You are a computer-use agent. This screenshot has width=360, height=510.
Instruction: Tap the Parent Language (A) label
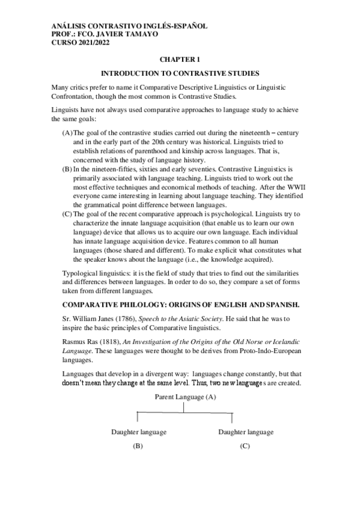[185, 398]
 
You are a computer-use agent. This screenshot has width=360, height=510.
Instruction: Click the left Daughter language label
[138, 432]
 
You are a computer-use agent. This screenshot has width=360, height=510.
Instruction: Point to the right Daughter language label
[245, 432]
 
